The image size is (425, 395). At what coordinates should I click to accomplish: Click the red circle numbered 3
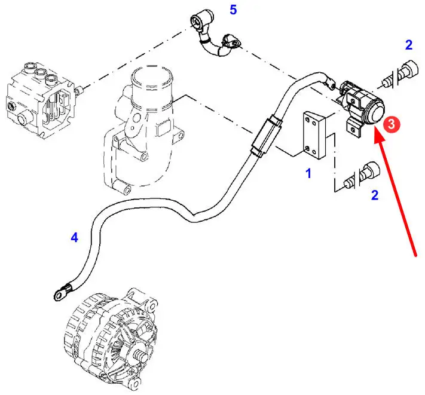click(391, 124)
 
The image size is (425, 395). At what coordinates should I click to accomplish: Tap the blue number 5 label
click(234, 10)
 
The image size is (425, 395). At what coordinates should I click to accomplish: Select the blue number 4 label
click(74, 238)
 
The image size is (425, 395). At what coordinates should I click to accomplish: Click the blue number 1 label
click(308, 174)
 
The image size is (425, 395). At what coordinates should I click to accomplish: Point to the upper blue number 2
click(408, 44)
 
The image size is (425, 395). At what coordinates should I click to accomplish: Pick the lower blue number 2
click(375, 195)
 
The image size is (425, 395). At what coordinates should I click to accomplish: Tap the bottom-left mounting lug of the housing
click(123, 191)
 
